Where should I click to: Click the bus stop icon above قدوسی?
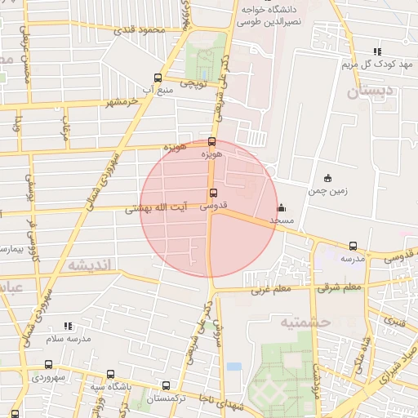tap(214, 193)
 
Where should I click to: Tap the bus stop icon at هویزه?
tap(212, 142)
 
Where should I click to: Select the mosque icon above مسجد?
tap(282, 207)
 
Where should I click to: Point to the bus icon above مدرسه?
tap(353, 246)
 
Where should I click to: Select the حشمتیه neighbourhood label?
tap(305, 322)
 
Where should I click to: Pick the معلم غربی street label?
tap(270, 288)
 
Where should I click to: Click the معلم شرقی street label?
tap(340, 287)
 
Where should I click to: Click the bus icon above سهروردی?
tap(49, 365)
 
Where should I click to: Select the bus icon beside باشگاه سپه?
tap(110, 375)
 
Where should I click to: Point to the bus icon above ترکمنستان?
tap(167, 385)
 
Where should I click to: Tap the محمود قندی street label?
tap(138, 30)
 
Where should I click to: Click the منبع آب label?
tap(158, 88)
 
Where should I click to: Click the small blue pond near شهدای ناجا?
tap(234, 367)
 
